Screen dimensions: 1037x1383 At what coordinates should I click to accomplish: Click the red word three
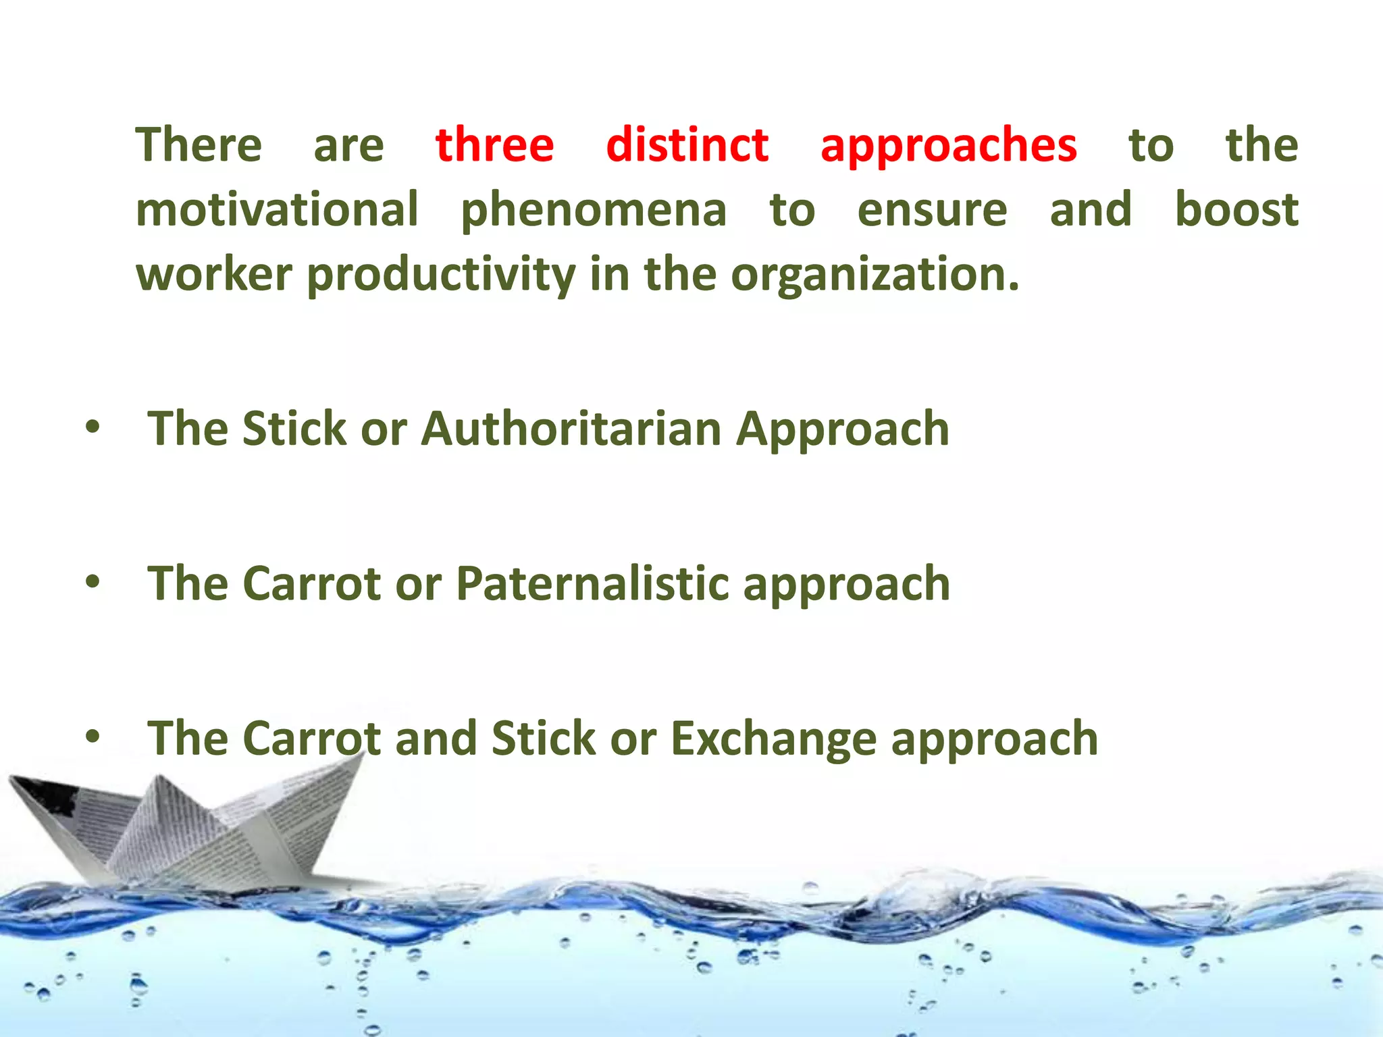[x=494, y=145]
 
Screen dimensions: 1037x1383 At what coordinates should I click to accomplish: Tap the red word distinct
[x=687, y=145]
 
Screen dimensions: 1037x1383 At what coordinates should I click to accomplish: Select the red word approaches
[x=948, y=145]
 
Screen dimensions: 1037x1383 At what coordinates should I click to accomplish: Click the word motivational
[x=277, y=209]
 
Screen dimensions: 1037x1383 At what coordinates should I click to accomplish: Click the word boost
[x=1236, y=209]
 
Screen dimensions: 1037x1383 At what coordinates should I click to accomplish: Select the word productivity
[x=441, y=275]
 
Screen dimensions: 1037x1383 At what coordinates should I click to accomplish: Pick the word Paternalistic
[x=592, y=583]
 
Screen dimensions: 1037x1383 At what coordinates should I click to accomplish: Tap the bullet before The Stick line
[x=93, y=427]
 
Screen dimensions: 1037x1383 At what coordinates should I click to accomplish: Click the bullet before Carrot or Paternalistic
[x=93, y=581]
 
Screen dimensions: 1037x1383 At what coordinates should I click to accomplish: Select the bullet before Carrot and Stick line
[x=93, y=737]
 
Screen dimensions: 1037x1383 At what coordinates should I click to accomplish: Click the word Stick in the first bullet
[x=294, y=429]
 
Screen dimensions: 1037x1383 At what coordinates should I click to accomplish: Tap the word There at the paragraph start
[x=199, y=145]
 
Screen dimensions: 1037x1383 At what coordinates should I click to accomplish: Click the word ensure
[x=932, y=211]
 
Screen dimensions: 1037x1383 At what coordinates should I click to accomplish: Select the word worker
[x=214, y=275]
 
